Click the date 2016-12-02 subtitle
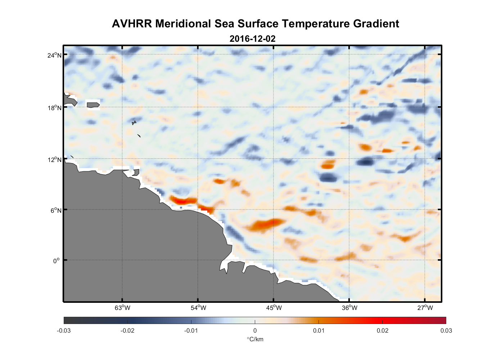[x=252, y=39]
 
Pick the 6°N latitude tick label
[x=56, y=210]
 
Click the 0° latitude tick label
[x=57, y=261]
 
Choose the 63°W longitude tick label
[x=122, y=308]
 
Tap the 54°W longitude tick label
[x=198, y=308]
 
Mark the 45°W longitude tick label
[x=274, y=308]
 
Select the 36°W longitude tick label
[x=349, y=308]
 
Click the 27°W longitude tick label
[x=425, y=308]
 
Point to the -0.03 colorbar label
[x=64, y=330]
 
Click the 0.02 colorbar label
[x=383, y=330]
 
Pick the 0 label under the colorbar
[x=255, y=330]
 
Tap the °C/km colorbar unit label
[x=255, y=339]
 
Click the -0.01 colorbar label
[x=191, y=330]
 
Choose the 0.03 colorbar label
[x=446, y=330]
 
